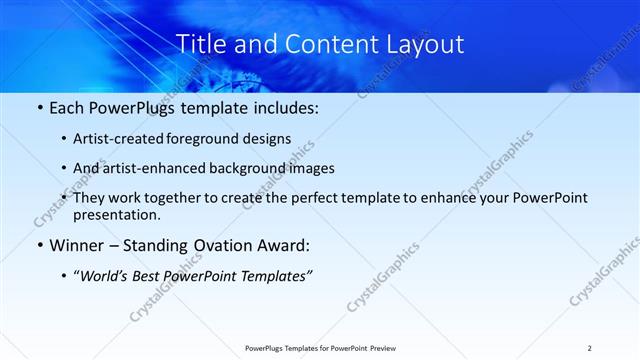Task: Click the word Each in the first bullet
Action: click(67, 107)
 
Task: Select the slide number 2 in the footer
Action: click(590, 347)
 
